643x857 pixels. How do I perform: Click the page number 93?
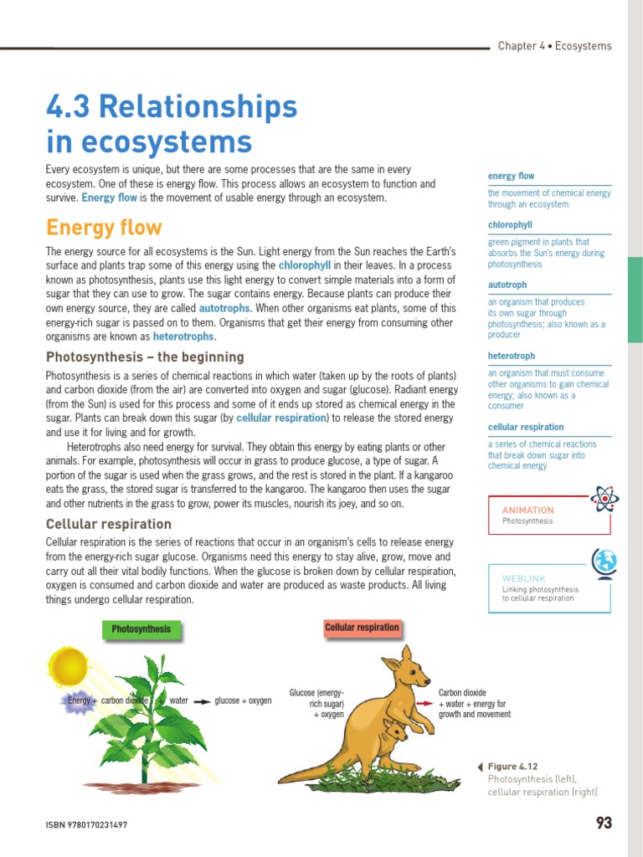604,823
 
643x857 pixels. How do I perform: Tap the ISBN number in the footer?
86,825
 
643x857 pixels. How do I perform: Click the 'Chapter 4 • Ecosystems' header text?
554,46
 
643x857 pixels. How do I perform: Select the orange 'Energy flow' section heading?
104,228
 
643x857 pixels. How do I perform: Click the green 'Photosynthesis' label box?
141,629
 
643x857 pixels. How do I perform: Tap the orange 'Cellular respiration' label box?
362,628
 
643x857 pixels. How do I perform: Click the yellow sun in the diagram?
69,666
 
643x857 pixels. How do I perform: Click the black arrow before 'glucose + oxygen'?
201,701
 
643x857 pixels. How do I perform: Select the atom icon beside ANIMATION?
604,500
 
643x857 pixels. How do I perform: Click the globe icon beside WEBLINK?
604,562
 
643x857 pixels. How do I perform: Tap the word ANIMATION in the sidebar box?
527,510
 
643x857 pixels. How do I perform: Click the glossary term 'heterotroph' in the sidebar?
511,356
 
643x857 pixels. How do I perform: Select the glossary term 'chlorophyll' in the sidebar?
510,225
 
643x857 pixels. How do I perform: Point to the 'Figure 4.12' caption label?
512,767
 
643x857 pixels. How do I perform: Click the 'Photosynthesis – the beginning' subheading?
145,357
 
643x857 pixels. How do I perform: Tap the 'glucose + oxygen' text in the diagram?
243,700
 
